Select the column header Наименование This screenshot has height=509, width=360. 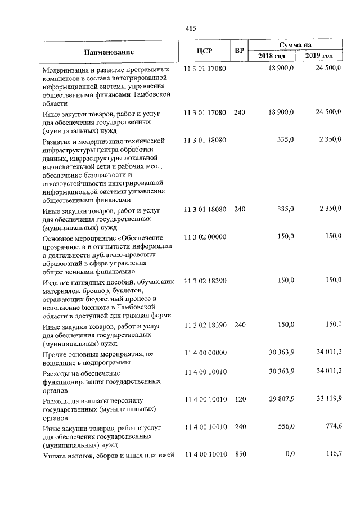[109, 52]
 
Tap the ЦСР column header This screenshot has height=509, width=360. [204, 52]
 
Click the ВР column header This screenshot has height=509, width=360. [239, 52]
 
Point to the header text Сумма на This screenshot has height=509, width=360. [296, 44]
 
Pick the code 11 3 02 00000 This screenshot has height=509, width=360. [205, 237]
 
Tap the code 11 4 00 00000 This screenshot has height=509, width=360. [205, 353]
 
